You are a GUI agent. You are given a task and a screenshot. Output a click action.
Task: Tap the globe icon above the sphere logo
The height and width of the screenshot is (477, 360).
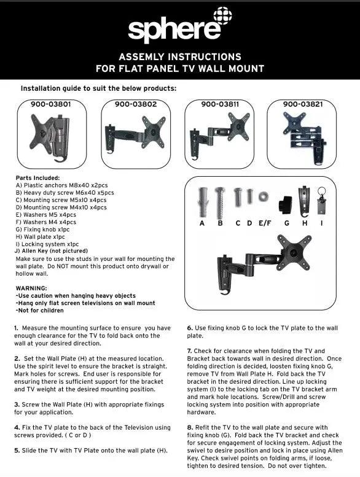point(222,17)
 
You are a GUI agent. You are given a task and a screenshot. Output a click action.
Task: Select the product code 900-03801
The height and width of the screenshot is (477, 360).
point(50,104)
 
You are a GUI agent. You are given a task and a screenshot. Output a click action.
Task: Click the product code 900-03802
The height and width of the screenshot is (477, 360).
point(135,104)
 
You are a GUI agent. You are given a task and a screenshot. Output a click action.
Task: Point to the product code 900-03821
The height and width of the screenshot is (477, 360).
point(303,104)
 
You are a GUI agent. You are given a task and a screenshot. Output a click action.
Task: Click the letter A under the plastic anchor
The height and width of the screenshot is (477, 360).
point(202,223)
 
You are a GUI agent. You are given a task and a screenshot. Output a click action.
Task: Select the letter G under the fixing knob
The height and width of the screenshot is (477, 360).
point(286,223)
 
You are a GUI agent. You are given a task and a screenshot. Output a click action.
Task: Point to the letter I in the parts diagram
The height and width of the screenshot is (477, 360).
point(321,223)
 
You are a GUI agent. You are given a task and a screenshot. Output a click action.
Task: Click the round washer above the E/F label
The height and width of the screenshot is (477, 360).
point(264,197)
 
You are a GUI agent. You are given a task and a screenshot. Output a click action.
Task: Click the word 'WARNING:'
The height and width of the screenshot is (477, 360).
point(31,289)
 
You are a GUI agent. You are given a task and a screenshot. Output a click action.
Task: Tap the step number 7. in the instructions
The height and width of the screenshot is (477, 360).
point(189,351)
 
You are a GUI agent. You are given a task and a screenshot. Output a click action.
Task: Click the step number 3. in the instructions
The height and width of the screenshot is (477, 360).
point(17,405)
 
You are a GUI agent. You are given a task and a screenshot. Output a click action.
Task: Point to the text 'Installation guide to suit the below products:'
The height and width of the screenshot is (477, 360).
point(98,88)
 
